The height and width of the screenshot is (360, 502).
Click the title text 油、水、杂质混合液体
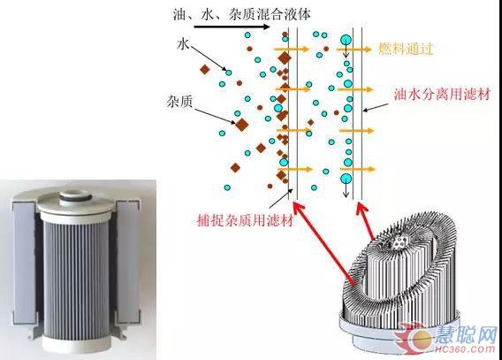click(242, 14)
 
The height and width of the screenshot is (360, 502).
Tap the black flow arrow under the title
click(232, 27)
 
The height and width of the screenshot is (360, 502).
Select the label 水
click(183, 44)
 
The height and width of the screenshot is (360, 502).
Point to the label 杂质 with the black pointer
click(179, 102)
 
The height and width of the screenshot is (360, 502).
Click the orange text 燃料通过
click(406, 49)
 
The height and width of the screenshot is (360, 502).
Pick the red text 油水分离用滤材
click(442, 95)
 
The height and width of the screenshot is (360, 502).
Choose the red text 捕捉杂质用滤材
click(245, 220)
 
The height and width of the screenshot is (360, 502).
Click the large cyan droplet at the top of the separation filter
click(346, 40)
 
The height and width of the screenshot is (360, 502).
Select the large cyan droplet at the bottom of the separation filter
click(346, 179)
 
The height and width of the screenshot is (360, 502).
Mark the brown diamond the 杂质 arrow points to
click(241, 124)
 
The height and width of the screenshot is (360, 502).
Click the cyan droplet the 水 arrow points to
click(229, 73)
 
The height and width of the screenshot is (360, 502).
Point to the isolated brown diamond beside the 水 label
click(204, 70)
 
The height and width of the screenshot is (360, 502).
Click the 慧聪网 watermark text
click(466, 334)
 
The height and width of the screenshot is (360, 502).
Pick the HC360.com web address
click(465, 349)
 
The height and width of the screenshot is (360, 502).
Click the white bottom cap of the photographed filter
click(76, 343)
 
